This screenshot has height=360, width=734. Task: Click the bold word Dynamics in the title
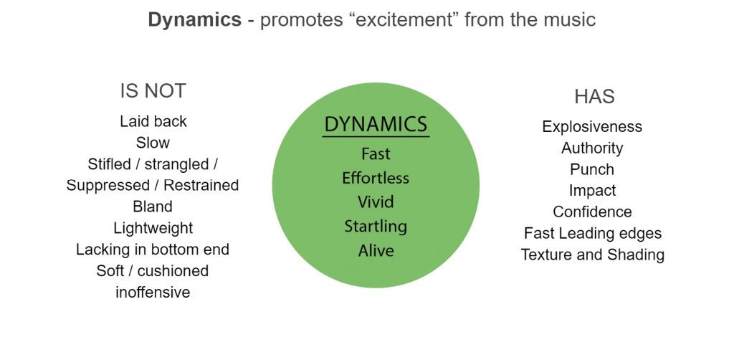pyautogui.click(x=194, y=19)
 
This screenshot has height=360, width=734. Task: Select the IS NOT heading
pyautogui.click(x=153, y=91)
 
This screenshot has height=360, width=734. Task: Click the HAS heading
pyautogui.click(x=594, y=97)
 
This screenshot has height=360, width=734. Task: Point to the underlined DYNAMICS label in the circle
pyautogui.click(x=376, y=124)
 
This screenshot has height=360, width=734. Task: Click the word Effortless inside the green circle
pyautogui.click(x=376, y=178)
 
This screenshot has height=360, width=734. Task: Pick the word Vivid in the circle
pyautogui.click(x=376, y=202)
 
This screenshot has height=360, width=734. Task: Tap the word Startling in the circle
pyautogui.click(x=376, y=227)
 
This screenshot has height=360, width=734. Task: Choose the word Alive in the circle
pyautogui.click(x=376, y=251)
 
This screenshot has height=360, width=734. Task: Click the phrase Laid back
pyautogui.click(x=153, y=121)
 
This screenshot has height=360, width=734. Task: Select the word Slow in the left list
pyautogui.click(x=153, y=143)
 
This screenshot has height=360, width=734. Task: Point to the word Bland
pyautogui.click(x=153, y=207)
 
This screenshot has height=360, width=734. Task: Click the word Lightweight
pyautogui.click(x=153, y=228)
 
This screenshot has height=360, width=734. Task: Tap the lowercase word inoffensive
pyautogui.click(x=153, y=292)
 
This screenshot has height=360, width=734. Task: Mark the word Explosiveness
pyautogui.click(x=592, y=127)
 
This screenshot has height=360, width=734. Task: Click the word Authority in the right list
pyautogui.click(x=592, y=148)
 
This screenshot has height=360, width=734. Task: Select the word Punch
pyautogui.click(x=592, y=169)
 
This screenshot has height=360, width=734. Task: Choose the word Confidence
pyautogui.click(x=592, y=212)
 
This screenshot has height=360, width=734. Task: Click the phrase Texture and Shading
pyautogui.click(x=592, y=255)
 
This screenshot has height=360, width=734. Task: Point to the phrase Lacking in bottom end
pyautogui.click(x=153, y=250)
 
